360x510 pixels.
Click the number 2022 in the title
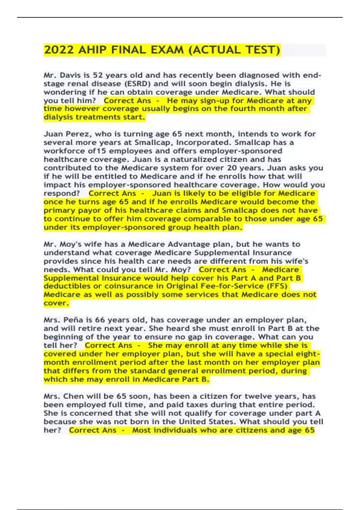(x=59, y=50)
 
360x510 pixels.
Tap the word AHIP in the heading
(x=92, y=50)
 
